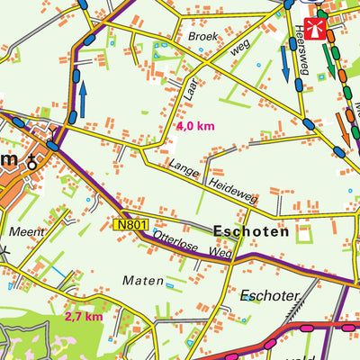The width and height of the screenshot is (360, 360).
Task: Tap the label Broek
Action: point(202,37)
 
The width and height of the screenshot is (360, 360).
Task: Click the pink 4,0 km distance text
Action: point(195,127)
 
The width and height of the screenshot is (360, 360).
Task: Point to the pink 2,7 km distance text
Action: point(84,317)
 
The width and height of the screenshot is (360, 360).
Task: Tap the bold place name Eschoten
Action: point(251,231)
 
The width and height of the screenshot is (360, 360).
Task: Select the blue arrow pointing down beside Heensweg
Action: point(286,61)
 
